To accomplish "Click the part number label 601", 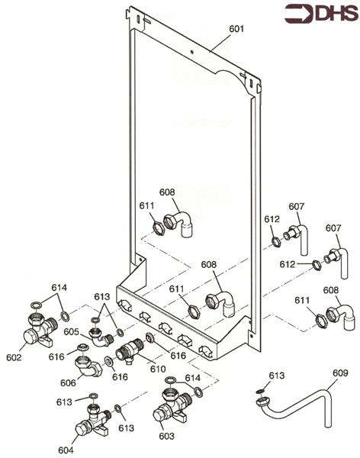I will [x=237, y=29].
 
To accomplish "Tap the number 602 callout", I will [x=14, y=356].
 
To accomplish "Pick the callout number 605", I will [x=72, y=332].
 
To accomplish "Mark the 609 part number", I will [x=339, y=373].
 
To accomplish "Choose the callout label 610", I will [x=158, y=369].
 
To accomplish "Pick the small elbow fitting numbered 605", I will [x=98, y=334].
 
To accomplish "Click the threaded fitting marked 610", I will [x=133, y=351].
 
